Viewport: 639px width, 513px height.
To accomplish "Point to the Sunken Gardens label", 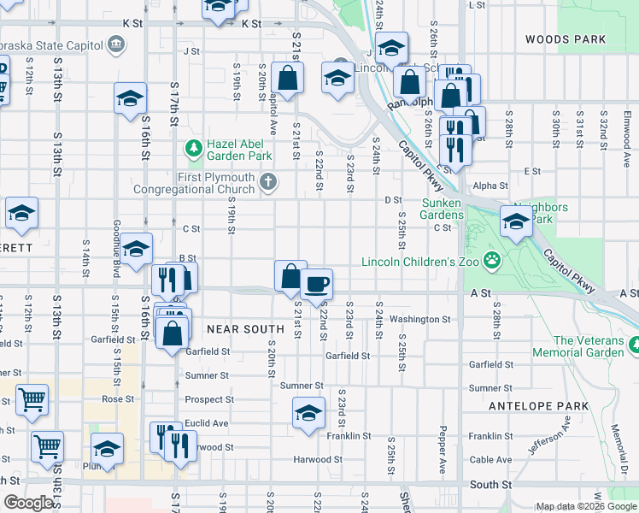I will coord(442,209).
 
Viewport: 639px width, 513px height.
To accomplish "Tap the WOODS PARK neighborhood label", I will coord(565,39).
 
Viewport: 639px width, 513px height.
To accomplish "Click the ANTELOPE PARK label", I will coord(540,405).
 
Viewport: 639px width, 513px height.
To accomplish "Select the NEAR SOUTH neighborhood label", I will coord(245,329).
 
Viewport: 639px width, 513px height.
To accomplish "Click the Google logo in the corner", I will coord(28,503).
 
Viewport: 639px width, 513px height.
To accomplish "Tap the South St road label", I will coord(490,485).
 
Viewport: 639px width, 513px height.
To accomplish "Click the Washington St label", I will coord(419,320).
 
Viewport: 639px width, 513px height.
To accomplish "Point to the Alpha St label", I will coord(490,186).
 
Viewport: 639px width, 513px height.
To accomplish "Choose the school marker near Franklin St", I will coord(308,414).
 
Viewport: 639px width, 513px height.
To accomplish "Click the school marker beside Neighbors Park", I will coord(517,222).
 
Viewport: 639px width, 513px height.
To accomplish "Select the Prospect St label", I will coord(209,399).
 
